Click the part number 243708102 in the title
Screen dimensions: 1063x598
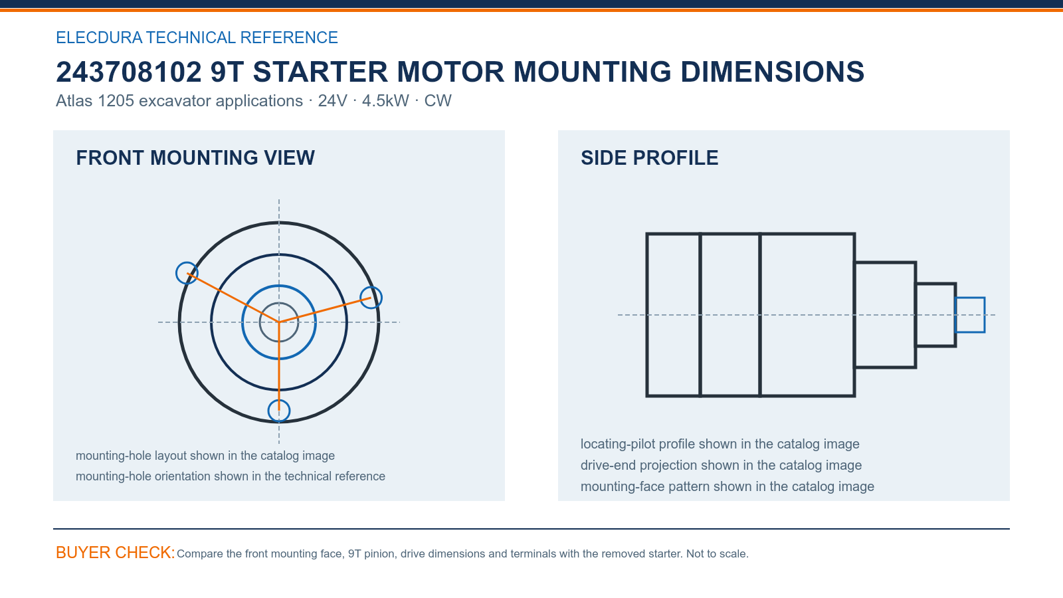click(129, 72)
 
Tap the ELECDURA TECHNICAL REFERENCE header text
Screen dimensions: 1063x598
click(197, 37)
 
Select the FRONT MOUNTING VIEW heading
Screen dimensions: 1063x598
click(195, 158)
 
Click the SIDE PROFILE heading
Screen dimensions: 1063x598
click(649, 158)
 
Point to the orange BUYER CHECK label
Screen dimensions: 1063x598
click(116, 552)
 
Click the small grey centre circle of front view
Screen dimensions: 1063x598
click(279, 303)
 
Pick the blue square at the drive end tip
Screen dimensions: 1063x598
click(970, 298)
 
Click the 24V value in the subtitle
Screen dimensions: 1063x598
click(333, 101)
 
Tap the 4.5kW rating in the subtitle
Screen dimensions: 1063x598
click(385, 101)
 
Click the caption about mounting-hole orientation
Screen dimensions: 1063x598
click(230, 476)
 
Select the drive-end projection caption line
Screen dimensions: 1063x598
click(721, 465)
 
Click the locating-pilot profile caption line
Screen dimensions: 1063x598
click(720, 445)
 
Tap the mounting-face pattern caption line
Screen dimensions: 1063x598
click(727, 486)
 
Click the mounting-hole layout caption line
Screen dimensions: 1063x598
click(205, 456)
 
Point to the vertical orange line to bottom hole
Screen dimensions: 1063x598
click(279, 366)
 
